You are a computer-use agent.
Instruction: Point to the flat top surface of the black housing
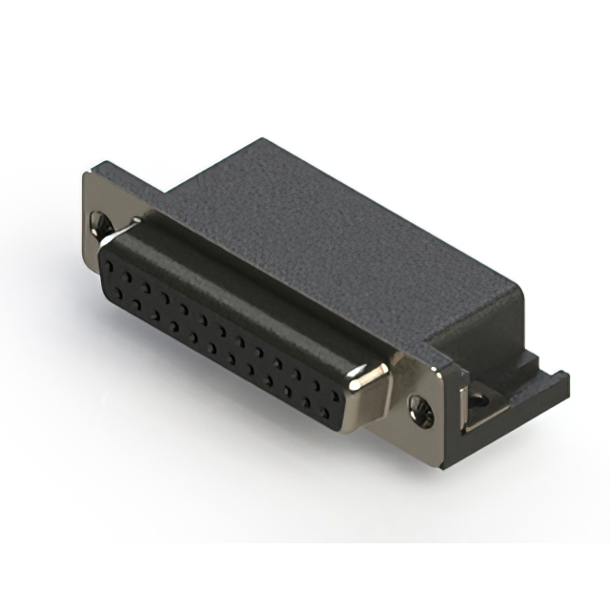click(324, 219)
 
